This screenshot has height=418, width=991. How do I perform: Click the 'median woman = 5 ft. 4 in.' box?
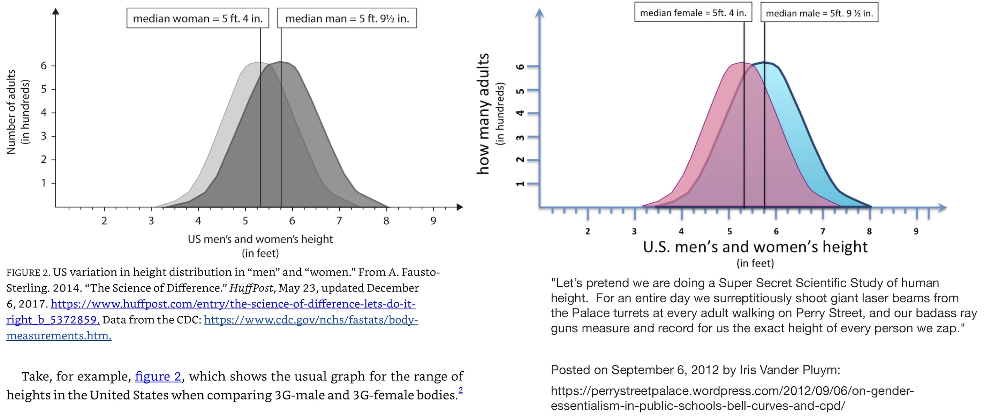[x=198, y=18]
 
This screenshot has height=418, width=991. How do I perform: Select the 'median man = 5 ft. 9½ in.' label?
[x=347, y=18]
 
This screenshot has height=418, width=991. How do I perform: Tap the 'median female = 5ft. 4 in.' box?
[x=693, y=13]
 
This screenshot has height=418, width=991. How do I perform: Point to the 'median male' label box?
[x=819, y=14]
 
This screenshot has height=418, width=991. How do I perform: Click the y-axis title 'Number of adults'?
[x=12, y=112]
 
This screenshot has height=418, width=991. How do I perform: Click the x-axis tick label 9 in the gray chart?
[x=433, y=221]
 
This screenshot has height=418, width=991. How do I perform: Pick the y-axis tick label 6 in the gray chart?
[x=44, y=66]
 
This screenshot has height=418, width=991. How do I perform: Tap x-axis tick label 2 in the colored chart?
[x=588, y=231]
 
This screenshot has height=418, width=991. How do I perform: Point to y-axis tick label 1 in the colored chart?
[x=520, y=184]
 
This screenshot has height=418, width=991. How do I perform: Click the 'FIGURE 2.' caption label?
[x=28, y=272]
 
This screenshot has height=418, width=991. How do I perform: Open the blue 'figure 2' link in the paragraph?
[x=158, y=376]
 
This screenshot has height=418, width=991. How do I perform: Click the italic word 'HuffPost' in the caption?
[x=251, y=288]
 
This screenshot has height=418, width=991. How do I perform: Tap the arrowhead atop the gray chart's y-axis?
[x=56, y=11]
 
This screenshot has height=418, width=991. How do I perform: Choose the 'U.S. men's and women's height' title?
[x=755, y=247]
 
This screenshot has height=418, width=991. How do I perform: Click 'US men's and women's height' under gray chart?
[x=260, y=239]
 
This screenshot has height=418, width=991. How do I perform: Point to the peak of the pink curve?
[x=742, y=63]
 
